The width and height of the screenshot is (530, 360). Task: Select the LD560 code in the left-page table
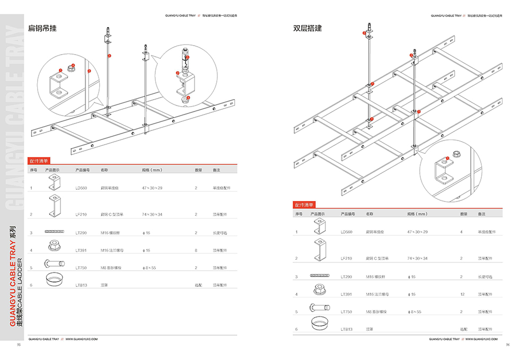click(81, 188)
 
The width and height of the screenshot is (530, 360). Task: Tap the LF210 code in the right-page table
click(346, 258)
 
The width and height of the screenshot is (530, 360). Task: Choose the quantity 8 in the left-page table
click(196, 250)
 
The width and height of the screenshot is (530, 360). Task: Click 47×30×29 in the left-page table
click(152, 188)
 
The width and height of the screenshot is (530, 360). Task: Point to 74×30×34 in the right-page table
click(417, 258)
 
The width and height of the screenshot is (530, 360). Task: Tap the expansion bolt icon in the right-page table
click(319, 309)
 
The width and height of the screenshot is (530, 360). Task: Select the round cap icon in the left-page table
click(54, 280)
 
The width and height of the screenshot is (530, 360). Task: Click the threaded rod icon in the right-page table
click(319, 277)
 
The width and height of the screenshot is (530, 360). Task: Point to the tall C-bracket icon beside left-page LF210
click(54, 207)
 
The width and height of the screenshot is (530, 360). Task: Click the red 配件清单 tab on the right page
click(304, 205)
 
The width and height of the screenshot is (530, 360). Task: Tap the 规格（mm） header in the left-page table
click(151, 170)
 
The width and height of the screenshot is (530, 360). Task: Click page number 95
click(19, 345)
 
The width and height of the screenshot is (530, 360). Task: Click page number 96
click(508, 345)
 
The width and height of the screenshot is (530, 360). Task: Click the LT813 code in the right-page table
click(346, 329)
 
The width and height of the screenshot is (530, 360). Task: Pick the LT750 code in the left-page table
click(81, 267)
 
